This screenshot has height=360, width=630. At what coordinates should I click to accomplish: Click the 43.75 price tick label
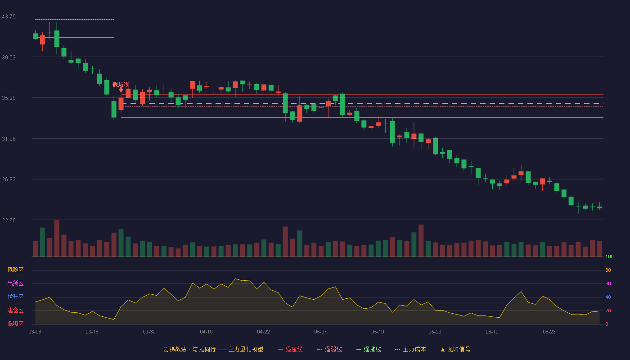click(9, 17)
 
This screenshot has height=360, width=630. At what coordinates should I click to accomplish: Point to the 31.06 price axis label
click(9, 139)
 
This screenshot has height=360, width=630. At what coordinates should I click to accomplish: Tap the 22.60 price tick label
click(9, 220)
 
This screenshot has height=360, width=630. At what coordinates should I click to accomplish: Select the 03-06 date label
click(35, 332)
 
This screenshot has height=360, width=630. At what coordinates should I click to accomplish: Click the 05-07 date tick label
click(320, 332)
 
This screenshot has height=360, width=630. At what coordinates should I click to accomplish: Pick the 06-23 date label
click(549, 332)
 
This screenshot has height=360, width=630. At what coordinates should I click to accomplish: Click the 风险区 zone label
click(15, 270)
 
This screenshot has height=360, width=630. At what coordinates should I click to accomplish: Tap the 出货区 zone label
click(15, 283)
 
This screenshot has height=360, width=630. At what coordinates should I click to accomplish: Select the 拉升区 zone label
click(15, 297)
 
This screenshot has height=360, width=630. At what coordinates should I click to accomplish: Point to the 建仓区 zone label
click(15, 310)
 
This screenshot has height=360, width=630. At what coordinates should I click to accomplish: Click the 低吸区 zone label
click(15, 324)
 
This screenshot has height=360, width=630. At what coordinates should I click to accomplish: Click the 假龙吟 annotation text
click(121, 85)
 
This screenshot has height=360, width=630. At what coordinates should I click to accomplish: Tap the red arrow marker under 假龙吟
click(121, 90)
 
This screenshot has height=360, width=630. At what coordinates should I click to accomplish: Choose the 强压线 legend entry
click(290, 349)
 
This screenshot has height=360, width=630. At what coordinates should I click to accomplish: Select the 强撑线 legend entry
click(369, 349)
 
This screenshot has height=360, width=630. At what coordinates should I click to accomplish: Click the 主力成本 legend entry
click(410, 349)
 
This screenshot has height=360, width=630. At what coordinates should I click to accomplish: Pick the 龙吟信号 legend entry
click(455, 349)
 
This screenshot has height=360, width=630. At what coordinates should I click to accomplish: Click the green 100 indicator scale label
click(609, 256)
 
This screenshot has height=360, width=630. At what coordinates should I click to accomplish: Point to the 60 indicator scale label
click(608, 283)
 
